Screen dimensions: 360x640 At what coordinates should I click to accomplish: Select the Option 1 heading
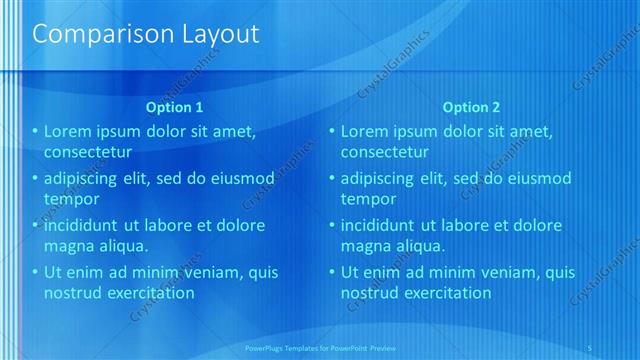174,107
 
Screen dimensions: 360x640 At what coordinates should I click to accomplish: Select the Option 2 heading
471,107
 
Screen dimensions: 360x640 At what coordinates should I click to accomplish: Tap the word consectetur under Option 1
89,152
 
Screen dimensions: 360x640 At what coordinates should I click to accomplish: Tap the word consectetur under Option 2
385,152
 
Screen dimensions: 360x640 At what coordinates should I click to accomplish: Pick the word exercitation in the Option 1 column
146,293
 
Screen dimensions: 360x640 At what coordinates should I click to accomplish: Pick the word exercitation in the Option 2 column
442,293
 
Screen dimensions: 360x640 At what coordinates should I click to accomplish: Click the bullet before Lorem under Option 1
35,131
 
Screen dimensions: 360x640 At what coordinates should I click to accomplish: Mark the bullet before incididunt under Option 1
35,225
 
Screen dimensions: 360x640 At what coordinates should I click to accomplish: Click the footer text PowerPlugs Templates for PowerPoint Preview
330,348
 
